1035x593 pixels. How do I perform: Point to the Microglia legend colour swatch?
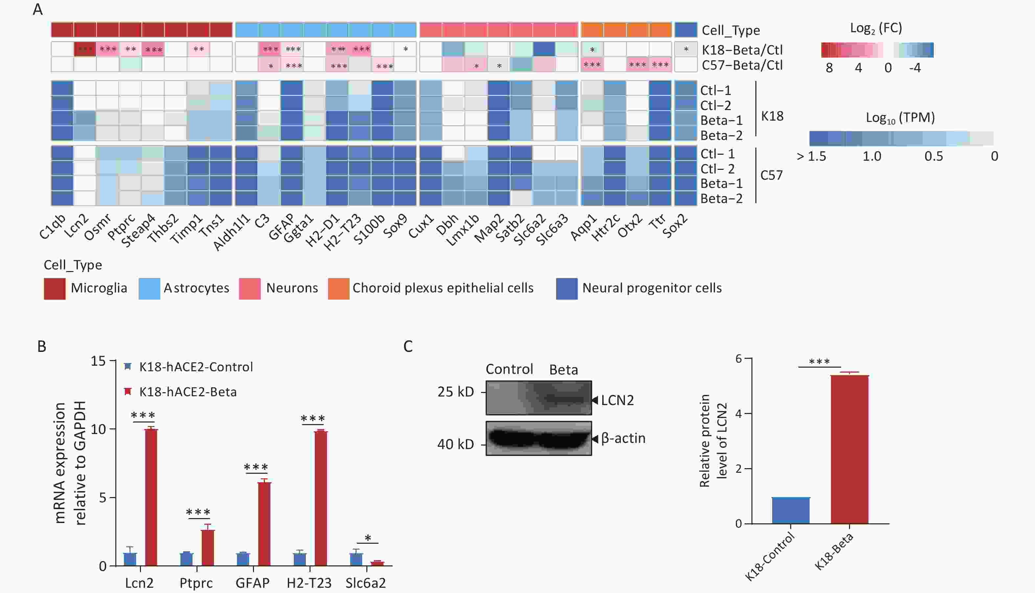pyautogui.click(x=54, y=289)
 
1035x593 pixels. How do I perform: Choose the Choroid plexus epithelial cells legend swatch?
pyautogui.click(x=338, y=289)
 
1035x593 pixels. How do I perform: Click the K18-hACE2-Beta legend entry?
pyautogui.click(x=187, y=392)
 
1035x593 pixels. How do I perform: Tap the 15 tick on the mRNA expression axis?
pyautogui.click(x=98, y=361)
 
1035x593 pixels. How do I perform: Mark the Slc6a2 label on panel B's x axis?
pyautogui.click(x=365, y=583)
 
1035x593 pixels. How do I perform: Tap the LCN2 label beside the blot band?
pyautogui.click(x=617, y=400)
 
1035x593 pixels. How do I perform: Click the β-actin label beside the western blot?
pyautogui.click(x=623, y=438)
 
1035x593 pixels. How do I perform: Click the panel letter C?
pyautogui.click(x=408, y=347)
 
